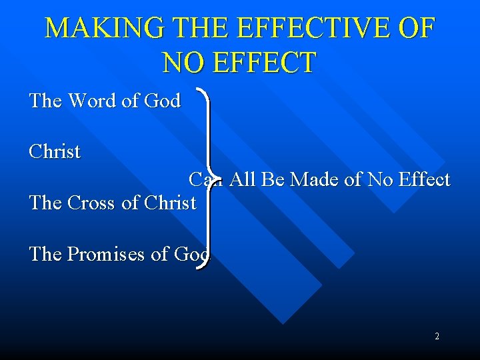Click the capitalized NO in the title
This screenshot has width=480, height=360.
pyautogui.click(x=181, y=63)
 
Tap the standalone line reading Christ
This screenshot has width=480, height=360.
pyautogui.click(x=55, y=151)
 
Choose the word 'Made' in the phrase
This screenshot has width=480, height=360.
pyautogui.click(x=316, y=180)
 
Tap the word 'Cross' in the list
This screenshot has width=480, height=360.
pyautogui.click(x=92, y=203)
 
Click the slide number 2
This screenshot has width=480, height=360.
pyautogui.click(x=437, y=337)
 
